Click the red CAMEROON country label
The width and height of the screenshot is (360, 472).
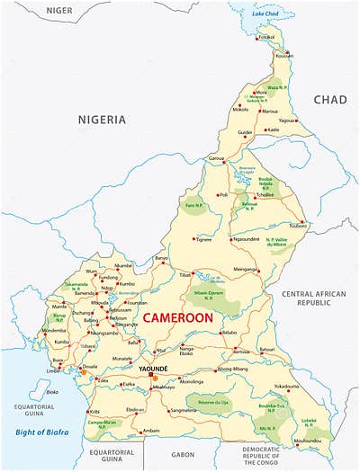pyautogui.click(x=177, y=317)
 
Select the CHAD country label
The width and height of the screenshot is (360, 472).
pyautogui.click(x=329, y=99)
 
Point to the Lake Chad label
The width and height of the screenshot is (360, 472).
pyautogui.click(x=265, y=14)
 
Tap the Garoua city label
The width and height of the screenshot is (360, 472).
pyautogui.click(x=215, y=158)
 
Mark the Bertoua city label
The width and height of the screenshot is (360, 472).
pyautogui.click(x=241, y=352)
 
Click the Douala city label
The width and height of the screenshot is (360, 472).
pyautogui.click(x=90, y=367)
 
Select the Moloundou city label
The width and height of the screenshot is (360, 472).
pyautogui.click(x=308, y=440)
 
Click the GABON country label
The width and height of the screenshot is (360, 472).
pyautogui.click(x=183, y=455)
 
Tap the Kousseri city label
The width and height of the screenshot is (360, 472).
pyautogui.click(x=284, y=56)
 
